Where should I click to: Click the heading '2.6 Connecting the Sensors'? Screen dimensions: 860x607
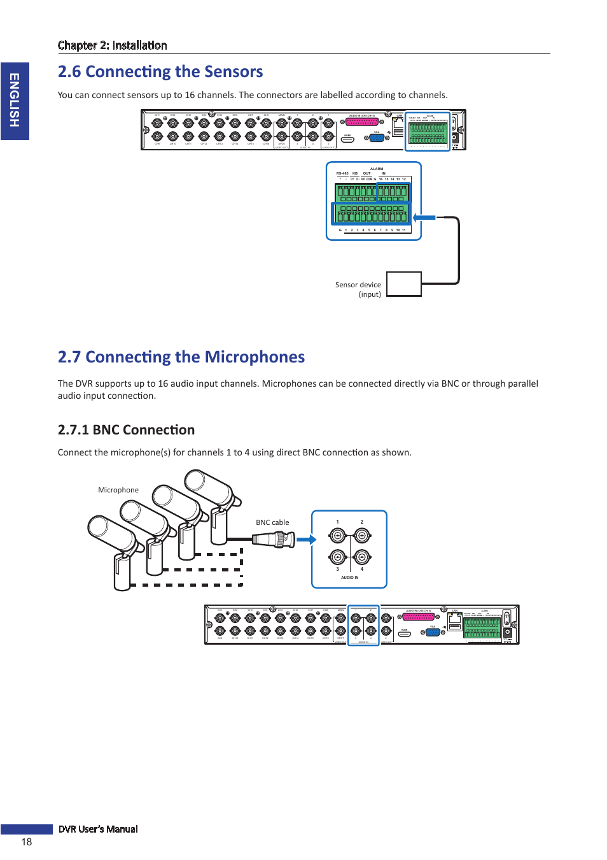pyautogui.click(x=160, y=71)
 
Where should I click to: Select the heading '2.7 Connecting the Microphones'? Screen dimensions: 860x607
pyautogui.click(x=181, y=357)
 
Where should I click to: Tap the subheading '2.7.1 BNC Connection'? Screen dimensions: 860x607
pyautogui.click(x=126, y=430)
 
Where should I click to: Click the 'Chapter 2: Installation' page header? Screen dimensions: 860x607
pyautogui.click(x=113, y=45)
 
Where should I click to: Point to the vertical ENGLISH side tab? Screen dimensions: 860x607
pyautogui.click(x=15, y=101)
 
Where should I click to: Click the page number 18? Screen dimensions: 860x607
pyautogui.click(x=26, y=842)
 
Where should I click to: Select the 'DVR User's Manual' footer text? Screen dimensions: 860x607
pyautogui.click(x=98, y=829)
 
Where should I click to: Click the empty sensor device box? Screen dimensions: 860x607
pyautogui.click(x=404, y=284)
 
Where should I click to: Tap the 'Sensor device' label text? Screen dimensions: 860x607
pyautogui.click(x=358, y=285)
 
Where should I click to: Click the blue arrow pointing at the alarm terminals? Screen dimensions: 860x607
pyautogui.click(x=424, y=218)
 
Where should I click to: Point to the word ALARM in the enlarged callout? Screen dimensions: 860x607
pyautogui.click(x=377, y=169)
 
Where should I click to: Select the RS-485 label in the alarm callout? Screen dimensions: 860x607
pyautogui.click(x=342, y=173)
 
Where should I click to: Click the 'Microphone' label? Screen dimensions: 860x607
pyautogui.click(x=118, y=490)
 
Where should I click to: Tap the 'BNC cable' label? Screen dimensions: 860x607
pyautogui.click(x=272, y=522)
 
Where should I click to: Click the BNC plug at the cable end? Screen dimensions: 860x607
pyautogui.click(x=275, y=540)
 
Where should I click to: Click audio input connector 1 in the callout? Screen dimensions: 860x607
pyautogui.click(x=337, y=536)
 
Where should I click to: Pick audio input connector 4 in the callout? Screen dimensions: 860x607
pyautogui.click(x=362, y=557)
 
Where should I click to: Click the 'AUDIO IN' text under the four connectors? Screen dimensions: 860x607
pyautogui.click(x=349, y=578)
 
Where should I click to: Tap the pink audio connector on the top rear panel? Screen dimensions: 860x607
pyautogui.click(x=362, y=122)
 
